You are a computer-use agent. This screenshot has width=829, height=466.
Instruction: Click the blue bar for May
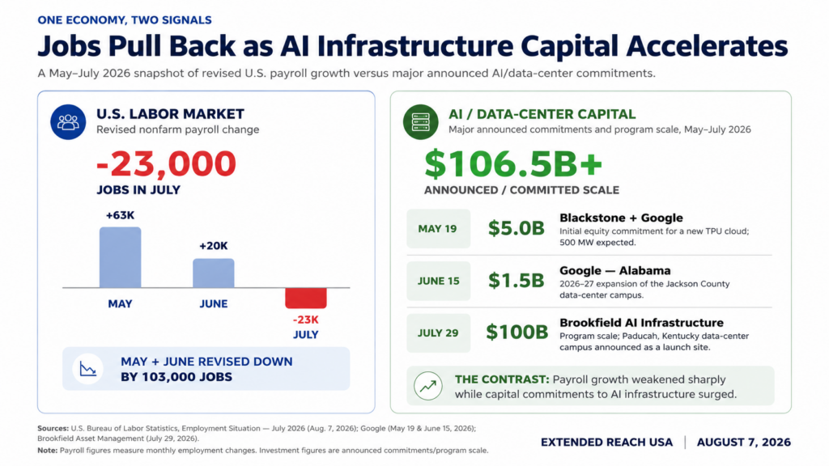pos(120,257)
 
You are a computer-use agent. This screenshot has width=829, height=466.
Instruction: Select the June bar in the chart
pos(213,273)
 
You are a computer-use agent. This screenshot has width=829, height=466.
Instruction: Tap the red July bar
pos(305,298)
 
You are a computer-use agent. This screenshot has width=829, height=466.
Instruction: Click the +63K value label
pos(120,215)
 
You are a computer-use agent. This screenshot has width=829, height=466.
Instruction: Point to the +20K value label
pos(213,246)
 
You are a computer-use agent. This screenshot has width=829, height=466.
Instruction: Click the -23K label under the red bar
pos(305,320)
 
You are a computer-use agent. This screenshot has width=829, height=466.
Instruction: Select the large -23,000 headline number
pos(166,163)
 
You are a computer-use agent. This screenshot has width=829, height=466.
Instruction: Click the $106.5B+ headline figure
pos(512,163)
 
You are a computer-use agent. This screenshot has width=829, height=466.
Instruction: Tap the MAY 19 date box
pos(438,229)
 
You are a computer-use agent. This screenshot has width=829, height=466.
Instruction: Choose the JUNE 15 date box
pos(438,281)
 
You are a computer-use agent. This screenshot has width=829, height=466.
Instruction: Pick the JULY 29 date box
pos(438,333)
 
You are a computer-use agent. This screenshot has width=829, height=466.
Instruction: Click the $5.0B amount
pos(516,228)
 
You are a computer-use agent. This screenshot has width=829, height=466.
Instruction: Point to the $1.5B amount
pos(516,281)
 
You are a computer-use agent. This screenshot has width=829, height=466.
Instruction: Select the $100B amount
pos(517,333)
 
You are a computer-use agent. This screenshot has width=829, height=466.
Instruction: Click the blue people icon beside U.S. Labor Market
pos(68,122)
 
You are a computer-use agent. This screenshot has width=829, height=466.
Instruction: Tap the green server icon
pos(420,122)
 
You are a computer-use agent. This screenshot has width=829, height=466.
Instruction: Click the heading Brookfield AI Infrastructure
pos(641,323)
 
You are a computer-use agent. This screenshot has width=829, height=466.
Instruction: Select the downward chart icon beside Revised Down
pos(87,369)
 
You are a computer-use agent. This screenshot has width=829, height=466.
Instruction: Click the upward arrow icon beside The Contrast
pos(428,386)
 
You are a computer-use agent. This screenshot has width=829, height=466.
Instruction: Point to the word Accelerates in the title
pos(707,46)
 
